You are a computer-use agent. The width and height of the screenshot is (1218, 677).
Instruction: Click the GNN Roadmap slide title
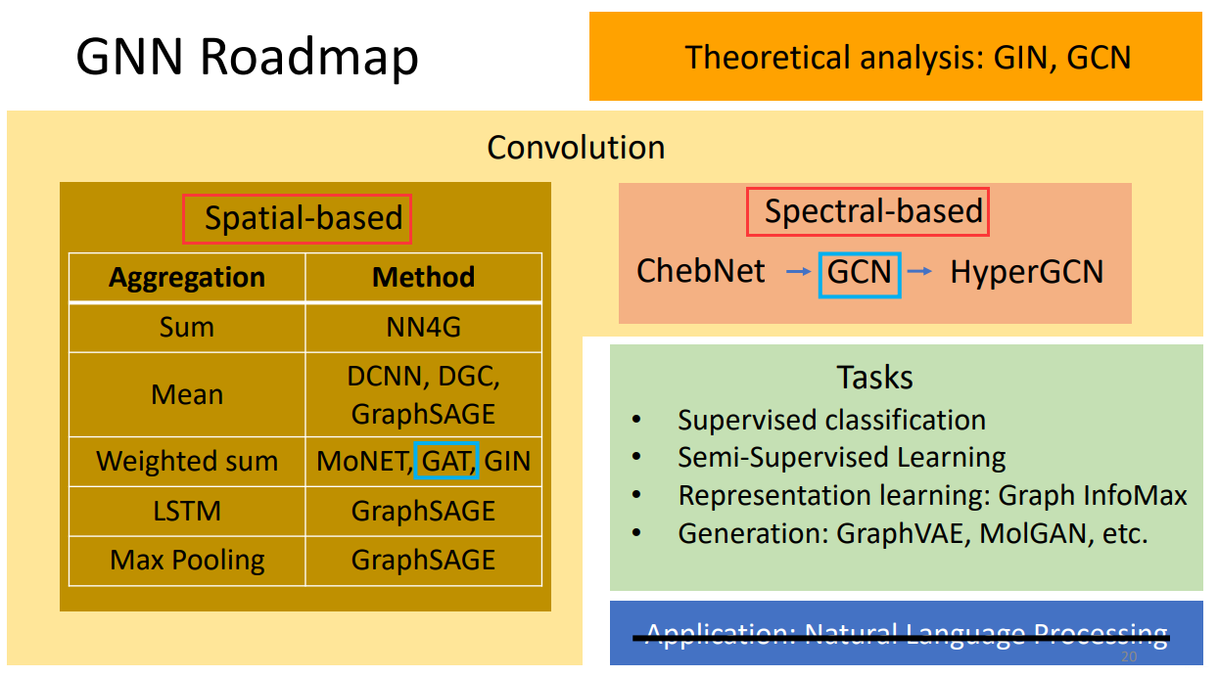(x=247, y=58)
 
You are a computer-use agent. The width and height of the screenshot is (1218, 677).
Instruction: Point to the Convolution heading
(x=576, y=148)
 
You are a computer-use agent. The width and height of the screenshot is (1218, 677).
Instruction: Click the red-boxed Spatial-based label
(x=297, y=218)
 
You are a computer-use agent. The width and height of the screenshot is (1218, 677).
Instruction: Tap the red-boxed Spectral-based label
(x=867, y=211)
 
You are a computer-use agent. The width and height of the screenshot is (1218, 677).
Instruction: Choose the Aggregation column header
(x=186, y=278)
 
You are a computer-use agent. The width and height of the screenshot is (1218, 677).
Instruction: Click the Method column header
(x=423, y=278)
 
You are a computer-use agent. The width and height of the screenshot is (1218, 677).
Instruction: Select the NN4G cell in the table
(x=423, y=328)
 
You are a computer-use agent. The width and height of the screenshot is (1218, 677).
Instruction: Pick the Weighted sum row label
(x=186, y=461)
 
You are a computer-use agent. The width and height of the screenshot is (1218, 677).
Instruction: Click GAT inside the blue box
(x=445, y=461)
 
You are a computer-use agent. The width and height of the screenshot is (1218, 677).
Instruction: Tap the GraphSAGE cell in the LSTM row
(x=423, y=511)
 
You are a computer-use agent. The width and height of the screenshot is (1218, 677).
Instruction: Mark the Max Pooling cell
(x=186, y=561)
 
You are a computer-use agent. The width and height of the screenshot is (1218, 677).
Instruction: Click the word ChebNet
(x=701, y=271)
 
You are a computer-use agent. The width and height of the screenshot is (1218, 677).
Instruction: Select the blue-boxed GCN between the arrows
(x=860, y=271)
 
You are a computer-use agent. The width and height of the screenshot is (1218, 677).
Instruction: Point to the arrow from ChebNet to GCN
(x=799, y=272)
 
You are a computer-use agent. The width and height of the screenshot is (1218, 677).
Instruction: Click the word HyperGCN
(x=1026, y=271)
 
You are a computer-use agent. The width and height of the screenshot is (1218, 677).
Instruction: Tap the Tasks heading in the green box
(x=874, y=377)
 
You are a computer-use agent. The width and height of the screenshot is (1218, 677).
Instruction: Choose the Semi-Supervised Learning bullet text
(x=841, y=458)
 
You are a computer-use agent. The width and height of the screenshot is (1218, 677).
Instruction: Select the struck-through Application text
(x=906, y=636)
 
